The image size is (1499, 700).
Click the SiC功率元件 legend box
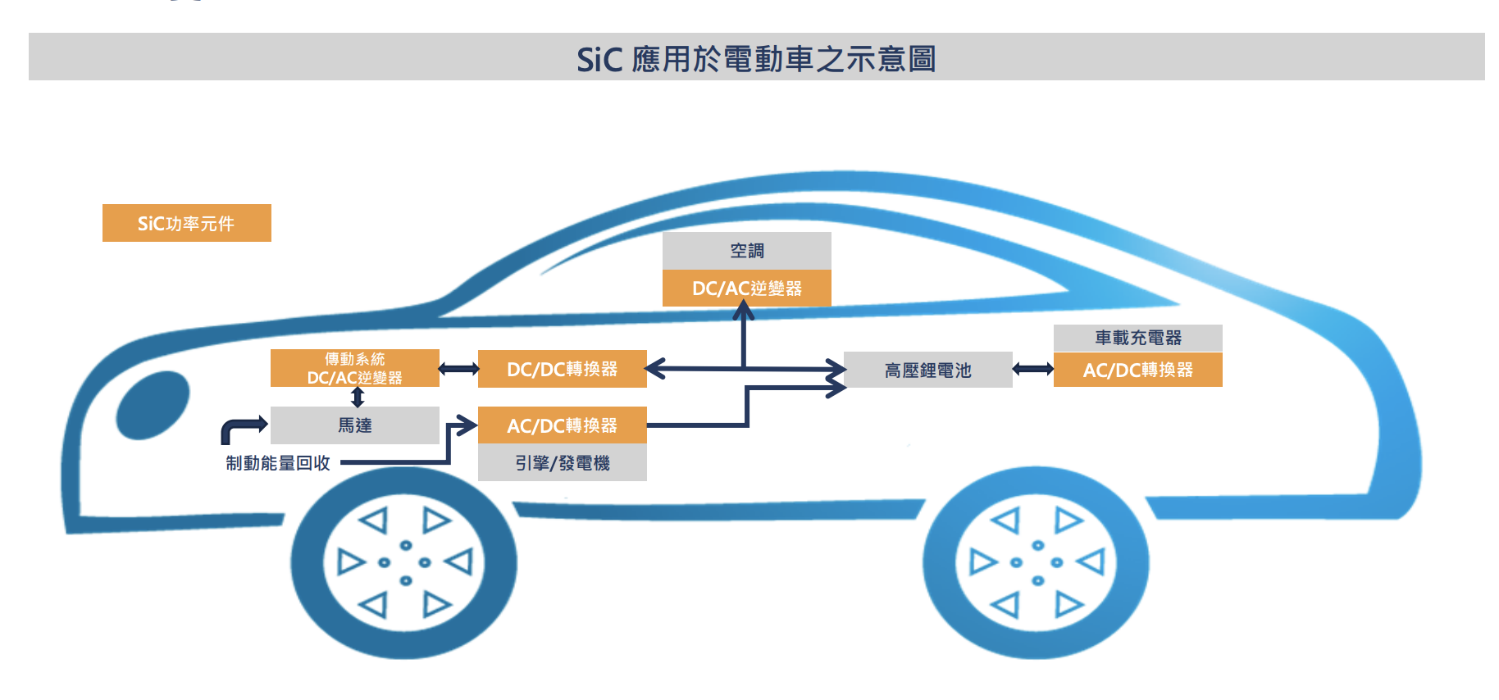(x=186, y=223)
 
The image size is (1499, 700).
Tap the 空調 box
(x=746, y=250)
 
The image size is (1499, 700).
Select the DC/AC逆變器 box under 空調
(x=746, y=289)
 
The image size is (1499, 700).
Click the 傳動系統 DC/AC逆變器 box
(x=354, y=368)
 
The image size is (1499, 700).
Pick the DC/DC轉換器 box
(x=562, y=369)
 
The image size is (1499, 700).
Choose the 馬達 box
(x=354, y=425)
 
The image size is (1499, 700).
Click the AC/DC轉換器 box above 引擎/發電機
(x=562, y=425)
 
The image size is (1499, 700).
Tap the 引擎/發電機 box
(x=562, y=463)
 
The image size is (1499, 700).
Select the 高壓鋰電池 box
(x=927, y=370)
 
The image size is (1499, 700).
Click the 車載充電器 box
(x=1137, y=338)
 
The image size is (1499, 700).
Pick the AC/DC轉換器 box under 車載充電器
(x=1137, y=370)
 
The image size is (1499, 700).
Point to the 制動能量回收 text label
(x=278, y=463)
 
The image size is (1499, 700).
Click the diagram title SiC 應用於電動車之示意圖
(x=756, y=58)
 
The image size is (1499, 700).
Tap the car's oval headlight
(x=153, y=405)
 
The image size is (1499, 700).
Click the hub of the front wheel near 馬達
(x=404, y=563)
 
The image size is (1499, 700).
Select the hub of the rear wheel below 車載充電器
(x=1037, y=563)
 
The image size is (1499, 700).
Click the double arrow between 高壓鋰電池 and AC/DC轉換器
(x=1033, y=370)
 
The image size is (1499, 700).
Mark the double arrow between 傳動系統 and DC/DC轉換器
(x=459, y=369)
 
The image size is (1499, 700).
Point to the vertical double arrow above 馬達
(x=358, y=398)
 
